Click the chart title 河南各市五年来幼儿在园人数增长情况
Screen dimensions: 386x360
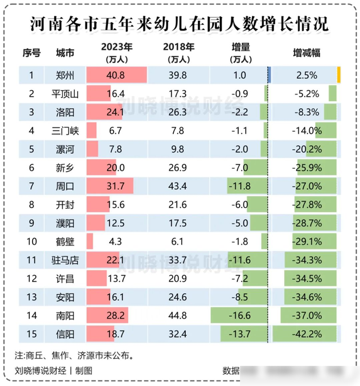179,25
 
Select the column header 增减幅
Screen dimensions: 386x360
307,52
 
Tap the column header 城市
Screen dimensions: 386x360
64,52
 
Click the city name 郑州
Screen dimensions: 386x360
64,75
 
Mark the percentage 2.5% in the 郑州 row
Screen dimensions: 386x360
307,75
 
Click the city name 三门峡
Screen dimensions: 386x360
64,130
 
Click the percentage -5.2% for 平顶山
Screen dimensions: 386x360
307,93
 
